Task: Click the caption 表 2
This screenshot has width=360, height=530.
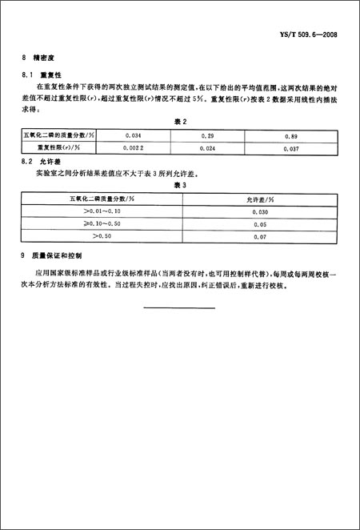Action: (181, 122)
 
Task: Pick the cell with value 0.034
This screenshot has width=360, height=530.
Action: (126, 137)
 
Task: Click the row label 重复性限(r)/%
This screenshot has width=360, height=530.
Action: (61, 148)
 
